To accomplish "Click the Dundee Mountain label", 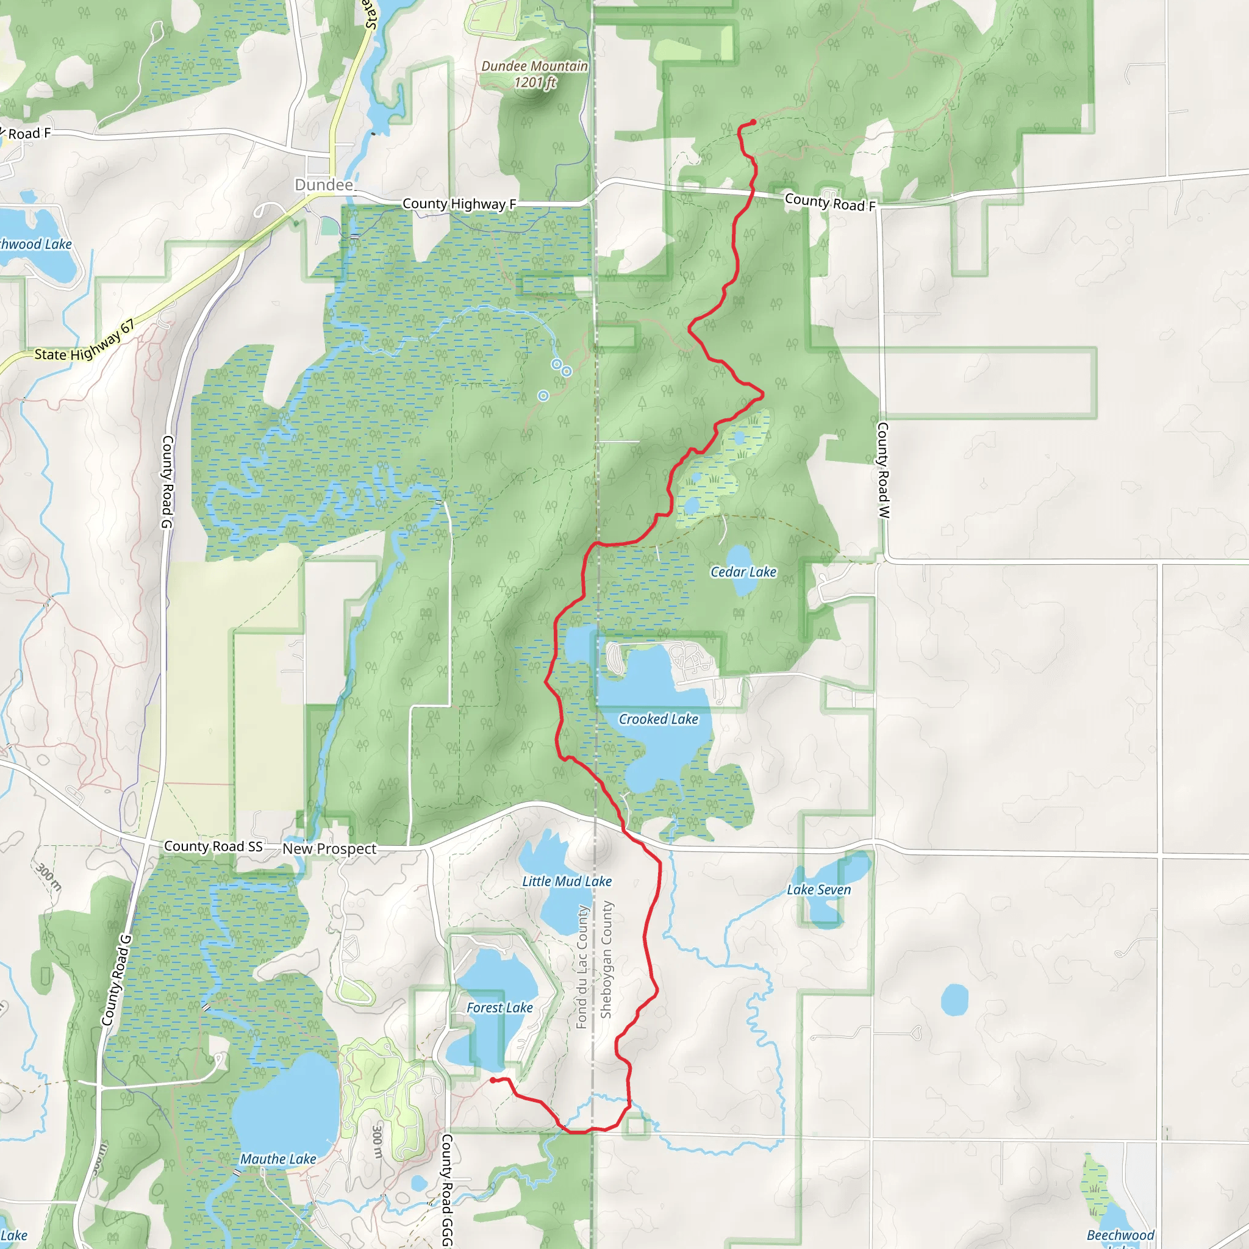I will (535, 66).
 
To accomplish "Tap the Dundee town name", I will (324, 185).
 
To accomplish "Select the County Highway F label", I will (459, 204).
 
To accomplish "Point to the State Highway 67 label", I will (85, 342).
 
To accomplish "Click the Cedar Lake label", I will (743, 571).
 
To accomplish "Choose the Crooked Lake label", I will (658, 719).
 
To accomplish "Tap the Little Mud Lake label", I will (567, 881).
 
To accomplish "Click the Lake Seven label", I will (818, 890).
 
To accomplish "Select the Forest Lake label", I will (499, 1007).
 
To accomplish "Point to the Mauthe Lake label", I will (278, 1159).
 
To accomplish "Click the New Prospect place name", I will (329, 849).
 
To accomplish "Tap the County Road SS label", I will (213, 846).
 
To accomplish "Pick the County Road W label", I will (883, 470).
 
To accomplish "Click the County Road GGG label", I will (446, 1189).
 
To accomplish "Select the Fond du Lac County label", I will (582, 967).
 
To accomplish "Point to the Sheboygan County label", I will (606, 960).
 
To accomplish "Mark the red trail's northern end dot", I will (753, 121).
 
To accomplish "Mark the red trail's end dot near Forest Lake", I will (493, 1080).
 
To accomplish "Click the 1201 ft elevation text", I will (535, 83).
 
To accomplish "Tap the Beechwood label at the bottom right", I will (1120, 1235).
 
